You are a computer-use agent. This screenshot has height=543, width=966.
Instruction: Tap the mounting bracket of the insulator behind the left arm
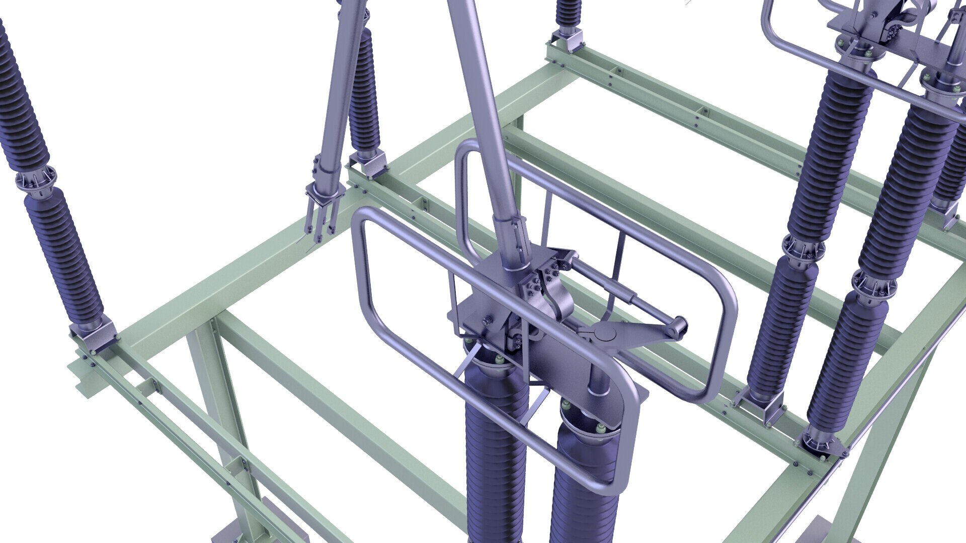point(367,164)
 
